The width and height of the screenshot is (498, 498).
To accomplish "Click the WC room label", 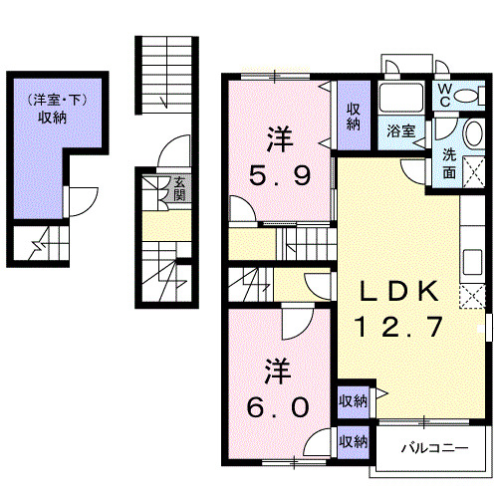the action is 445,95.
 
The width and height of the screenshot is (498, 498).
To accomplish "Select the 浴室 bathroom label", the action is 401,130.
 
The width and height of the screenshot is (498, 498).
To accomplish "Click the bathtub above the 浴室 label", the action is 401,97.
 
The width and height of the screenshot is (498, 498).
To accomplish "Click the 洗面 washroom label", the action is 449,163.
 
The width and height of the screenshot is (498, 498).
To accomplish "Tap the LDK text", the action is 398,291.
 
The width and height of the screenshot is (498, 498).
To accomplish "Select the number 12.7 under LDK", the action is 398,326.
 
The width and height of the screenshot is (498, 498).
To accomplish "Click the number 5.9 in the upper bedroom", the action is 280,175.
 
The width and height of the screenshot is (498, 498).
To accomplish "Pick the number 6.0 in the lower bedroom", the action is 278,407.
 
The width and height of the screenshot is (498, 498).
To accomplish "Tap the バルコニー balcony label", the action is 434,448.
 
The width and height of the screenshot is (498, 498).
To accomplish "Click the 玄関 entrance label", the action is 179,189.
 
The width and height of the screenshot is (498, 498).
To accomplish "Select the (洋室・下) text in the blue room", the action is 57,100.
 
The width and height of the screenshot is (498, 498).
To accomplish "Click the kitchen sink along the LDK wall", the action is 472,262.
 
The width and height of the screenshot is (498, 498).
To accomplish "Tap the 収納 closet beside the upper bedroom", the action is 354,116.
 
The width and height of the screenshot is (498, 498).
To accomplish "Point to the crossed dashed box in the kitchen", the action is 472,297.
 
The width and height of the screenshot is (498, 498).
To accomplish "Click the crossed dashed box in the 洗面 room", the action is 473,172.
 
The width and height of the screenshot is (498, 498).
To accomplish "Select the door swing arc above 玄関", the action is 173,151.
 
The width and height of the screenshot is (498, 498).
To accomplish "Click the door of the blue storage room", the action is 82,202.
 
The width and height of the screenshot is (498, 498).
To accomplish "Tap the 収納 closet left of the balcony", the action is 353,442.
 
